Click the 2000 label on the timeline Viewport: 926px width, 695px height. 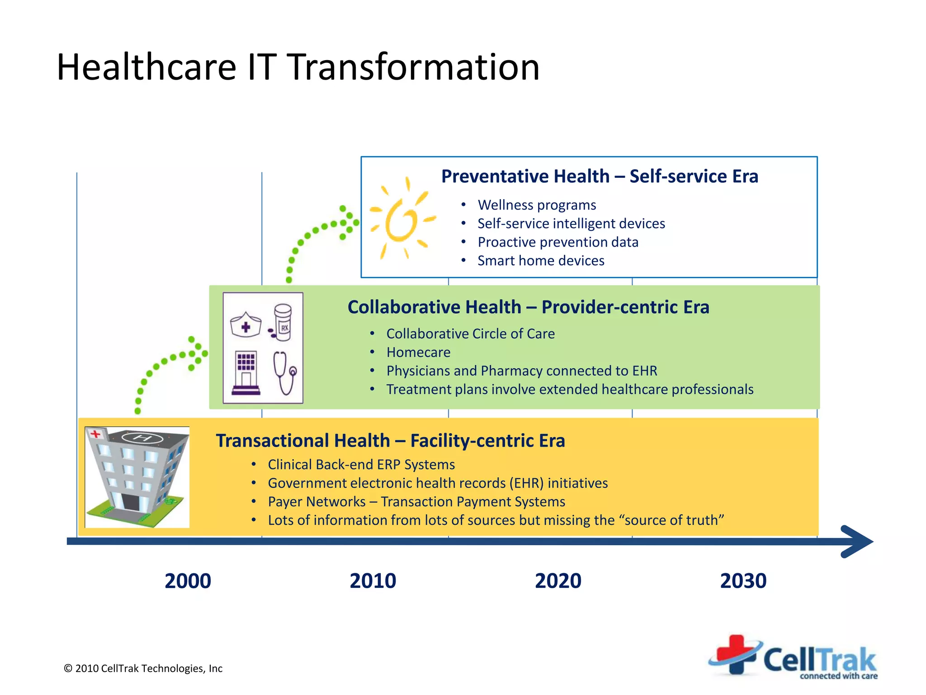point(188,581)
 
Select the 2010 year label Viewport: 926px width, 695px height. point(373,581)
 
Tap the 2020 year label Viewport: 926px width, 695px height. point(558,581)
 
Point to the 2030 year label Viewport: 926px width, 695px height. point(743,581)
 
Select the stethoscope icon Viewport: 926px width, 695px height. point(285,373)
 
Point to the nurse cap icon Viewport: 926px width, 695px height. point(246,325)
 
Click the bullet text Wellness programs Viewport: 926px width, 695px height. point(537,205)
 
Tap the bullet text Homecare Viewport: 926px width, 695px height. point(418,352)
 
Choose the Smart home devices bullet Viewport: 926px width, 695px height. point(541,261)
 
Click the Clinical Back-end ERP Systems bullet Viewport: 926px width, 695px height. point(361,465)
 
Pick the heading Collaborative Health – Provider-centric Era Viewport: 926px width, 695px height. point(528,307)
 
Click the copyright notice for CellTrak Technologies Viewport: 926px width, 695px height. point(143,668)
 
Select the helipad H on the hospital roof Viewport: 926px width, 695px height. point(142,438)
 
